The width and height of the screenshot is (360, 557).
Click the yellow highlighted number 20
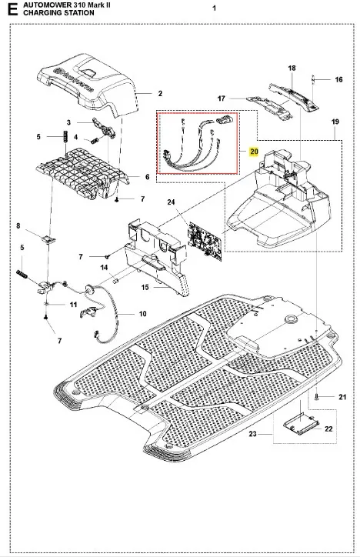pos(254,152)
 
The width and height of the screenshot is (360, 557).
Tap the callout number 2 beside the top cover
pos(160,93)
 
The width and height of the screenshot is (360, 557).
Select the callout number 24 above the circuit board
pos(172,202)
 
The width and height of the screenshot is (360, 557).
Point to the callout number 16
pos(338,79)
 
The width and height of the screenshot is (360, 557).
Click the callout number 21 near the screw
pos(342,397)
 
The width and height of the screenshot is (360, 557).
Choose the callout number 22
pos(328,429)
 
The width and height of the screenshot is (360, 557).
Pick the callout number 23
pos(252,434)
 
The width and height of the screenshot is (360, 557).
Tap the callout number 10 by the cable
pos(142,314)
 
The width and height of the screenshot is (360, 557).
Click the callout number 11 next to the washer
pos(73,305)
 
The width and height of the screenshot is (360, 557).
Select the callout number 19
pos(335,122)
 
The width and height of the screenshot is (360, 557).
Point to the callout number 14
pos(105,268)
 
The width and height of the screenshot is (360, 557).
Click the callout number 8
pos(18,225)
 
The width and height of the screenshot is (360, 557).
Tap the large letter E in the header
pos(12,9)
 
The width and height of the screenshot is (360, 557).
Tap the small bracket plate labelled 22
pos(300,425)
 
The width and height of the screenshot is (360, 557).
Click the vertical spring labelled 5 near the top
pos(65,137)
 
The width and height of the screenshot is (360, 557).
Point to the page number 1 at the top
pos(214,8)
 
